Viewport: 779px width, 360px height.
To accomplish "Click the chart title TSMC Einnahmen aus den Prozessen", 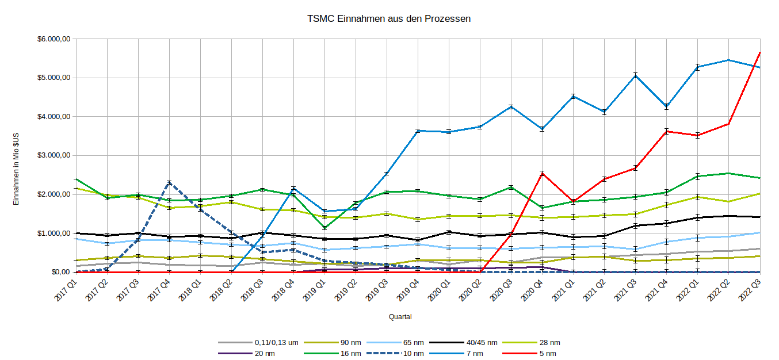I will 390,18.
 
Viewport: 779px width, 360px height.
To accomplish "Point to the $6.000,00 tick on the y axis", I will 54,39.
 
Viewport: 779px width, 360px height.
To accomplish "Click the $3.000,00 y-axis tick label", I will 54,155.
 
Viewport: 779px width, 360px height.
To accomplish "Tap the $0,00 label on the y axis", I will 60,272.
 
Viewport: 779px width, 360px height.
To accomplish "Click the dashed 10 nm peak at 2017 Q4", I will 169,183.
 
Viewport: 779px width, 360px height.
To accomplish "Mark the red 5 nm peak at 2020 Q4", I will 542,174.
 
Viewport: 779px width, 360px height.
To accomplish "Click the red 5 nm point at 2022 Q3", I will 760,53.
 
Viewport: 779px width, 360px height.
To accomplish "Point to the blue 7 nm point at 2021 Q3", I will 636,75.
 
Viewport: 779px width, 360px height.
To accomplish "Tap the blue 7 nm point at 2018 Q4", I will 293,189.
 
